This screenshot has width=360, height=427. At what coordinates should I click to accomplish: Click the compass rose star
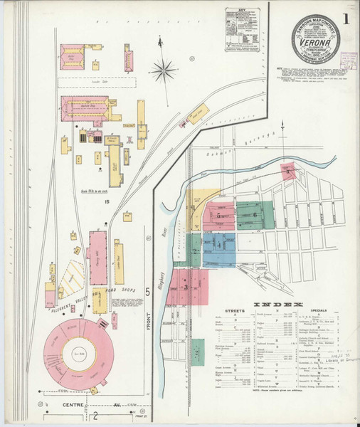pyautogui.click(x=164, y=70)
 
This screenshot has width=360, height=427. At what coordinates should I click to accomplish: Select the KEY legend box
pyautogui.click(x=240, y=30)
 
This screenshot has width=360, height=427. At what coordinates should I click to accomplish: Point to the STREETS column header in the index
pyautogui.click(x=235, y=311)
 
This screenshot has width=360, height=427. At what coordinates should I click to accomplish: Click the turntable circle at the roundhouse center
pyautogui.click(x=75, y=352)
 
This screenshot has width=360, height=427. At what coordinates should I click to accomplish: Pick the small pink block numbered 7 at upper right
pyautogui.click(x=287, y=171)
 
